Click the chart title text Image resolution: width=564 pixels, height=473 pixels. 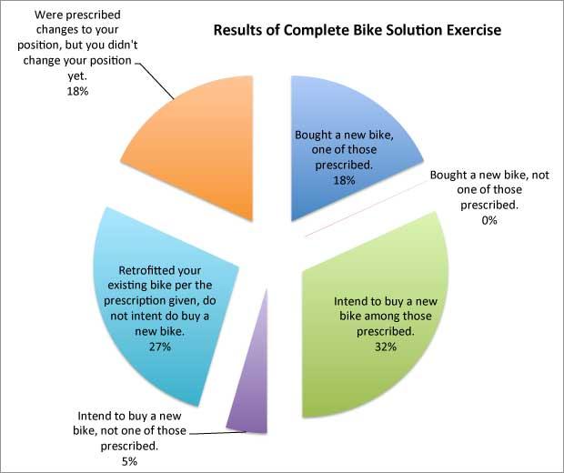point(357,30)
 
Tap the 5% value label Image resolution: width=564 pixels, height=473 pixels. point(103,462)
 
